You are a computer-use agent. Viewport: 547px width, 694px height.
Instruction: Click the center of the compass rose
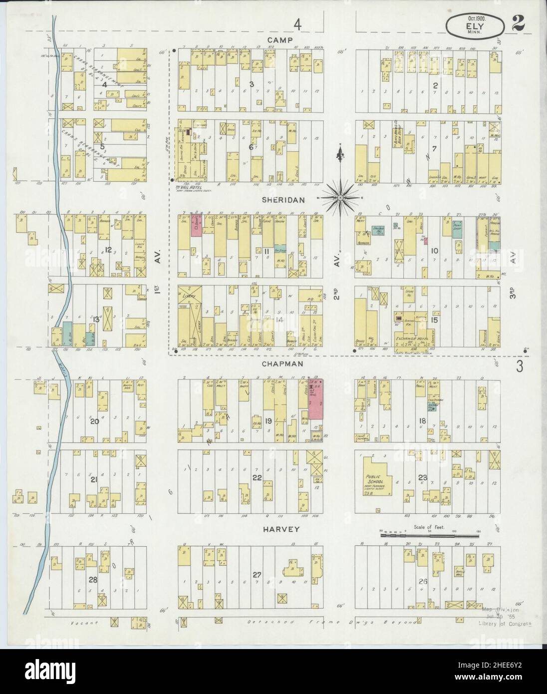coord(339,198)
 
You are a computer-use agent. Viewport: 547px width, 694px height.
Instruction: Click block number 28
coord(93,580)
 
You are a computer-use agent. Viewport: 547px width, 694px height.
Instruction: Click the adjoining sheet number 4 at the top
coord(298,24)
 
